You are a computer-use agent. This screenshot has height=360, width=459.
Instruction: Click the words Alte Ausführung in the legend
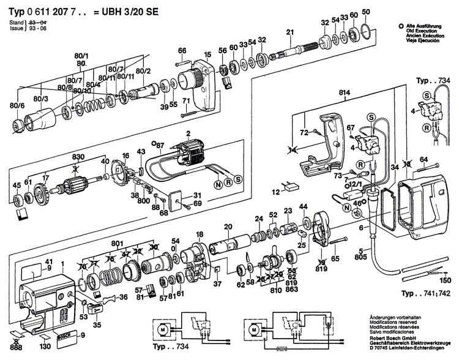pos(422,26)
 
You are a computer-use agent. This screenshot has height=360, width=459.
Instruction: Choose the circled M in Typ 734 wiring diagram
pos(162,329)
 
